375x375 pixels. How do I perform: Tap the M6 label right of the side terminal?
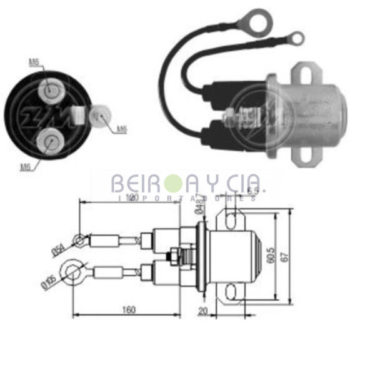click(121, 129)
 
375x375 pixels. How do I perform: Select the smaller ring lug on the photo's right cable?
click(297, 39)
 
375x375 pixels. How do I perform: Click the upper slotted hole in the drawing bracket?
click(233, 218)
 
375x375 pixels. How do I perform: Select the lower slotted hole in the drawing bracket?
click(233, 291)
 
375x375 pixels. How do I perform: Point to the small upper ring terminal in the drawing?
click(78, 239)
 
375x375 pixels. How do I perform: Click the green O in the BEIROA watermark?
click(172, 184)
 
